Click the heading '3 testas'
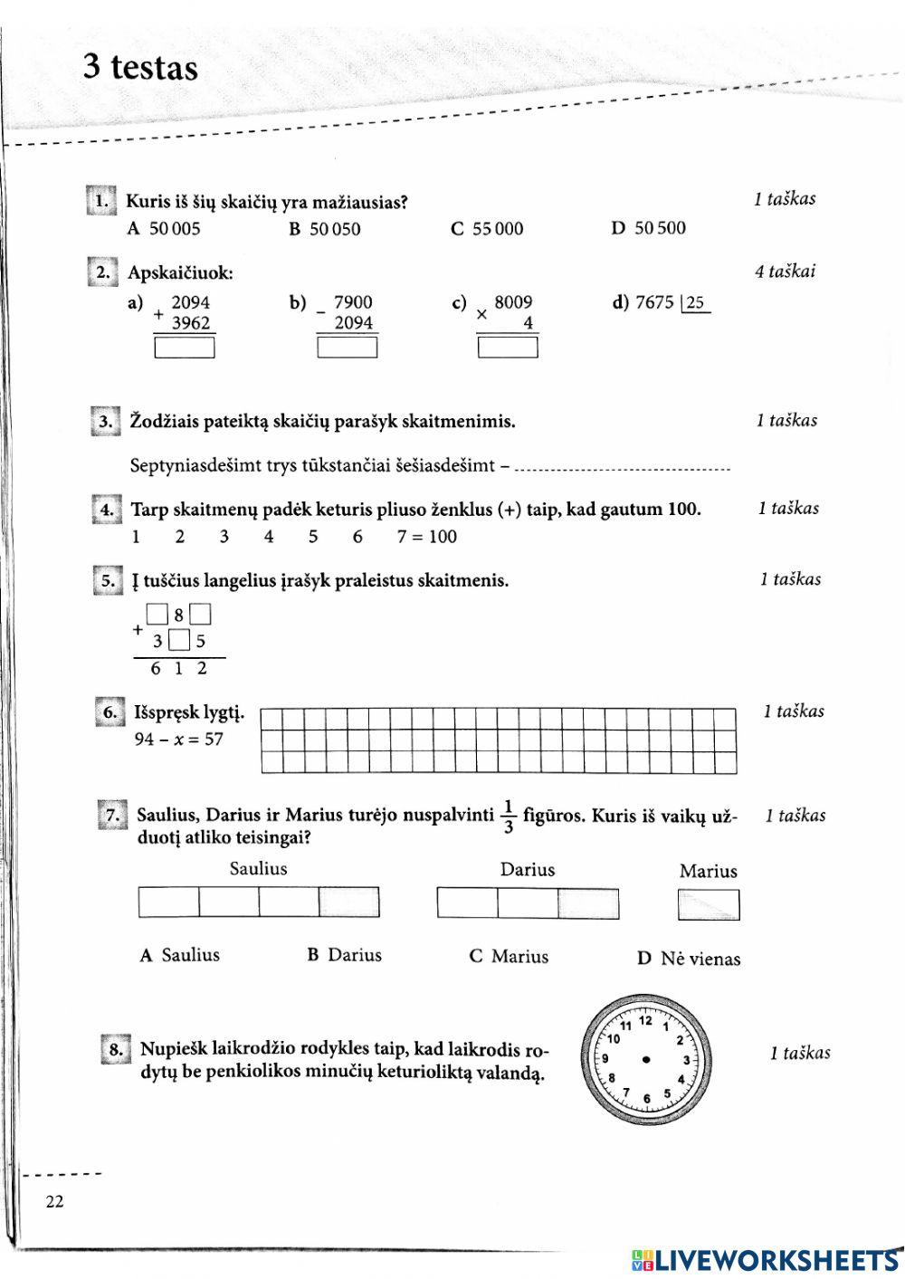pyautogui.click(x=140, y=68)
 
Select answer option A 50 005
pyautogui.click(x=164, y=229)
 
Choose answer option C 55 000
pyautogui.click(x=487, y=229)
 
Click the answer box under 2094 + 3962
pyautogui.click(x=185, y=348)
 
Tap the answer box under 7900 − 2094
pyautogui.click(x=347, y=348)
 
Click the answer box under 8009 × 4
pyautogui.click(x=508, y=348)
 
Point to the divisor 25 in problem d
pyautogui.click(x=695, y=303)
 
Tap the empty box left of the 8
pyautogui.click(x=157, y=616)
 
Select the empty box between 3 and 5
pyautogui.click(x=180, y=642)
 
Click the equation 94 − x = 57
pyautogui.click(x=178, y=740)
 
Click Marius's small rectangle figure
pyautogui.click(x=709, y=904)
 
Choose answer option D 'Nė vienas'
pyautogui.click(x=689, y=959)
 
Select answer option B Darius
pyautogui.click(x=345, y=955)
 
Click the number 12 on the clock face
pyautogui.click(x=645, y=1021)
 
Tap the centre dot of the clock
pyautogui.click(x=646, y=1060)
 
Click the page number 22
pyautogui.click(x=54, y=1201)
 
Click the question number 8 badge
pyautogui.click(x=115, y=1050)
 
